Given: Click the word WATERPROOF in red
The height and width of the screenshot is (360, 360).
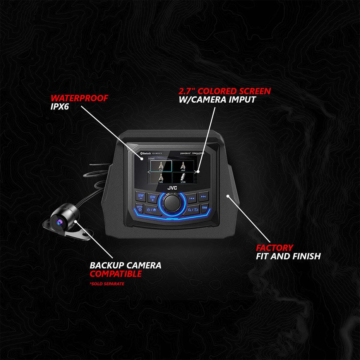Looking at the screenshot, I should [79, 98].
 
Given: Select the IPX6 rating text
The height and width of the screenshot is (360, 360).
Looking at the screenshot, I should [60, 106].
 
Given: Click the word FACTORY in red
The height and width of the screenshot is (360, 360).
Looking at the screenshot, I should [274, 248].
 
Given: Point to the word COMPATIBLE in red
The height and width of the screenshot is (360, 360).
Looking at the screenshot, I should [116, 274].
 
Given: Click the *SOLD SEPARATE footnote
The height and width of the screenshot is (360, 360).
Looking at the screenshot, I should [107, 284].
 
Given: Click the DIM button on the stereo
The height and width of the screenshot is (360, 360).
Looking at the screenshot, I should [205, 208].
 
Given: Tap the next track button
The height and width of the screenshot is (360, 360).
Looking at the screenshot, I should [203, 196].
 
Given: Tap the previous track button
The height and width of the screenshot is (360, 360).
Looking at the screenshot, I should [192, 198].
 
